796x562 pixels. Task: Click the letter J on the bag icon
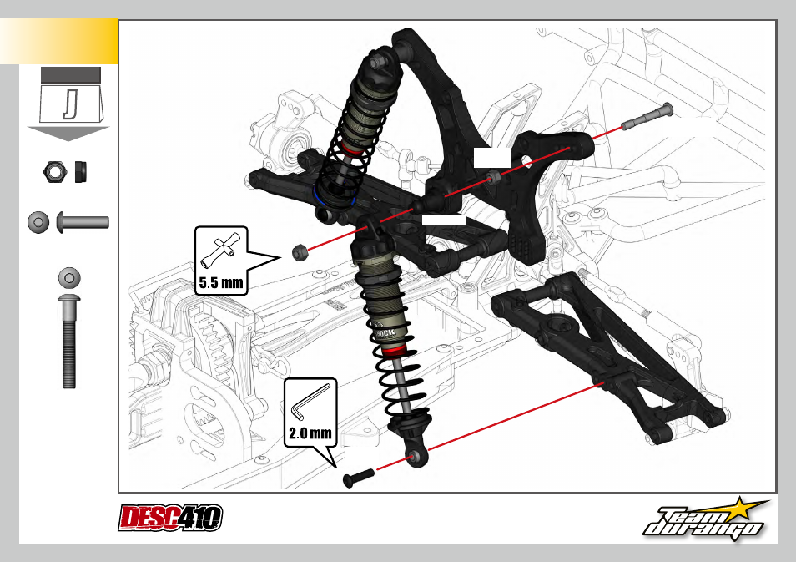point(70,104)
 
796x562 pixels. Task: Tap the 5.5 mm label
point(221,282)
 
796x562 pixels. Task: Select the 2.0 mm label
point(310,433)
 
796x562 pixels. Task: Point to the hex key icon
point(310,402)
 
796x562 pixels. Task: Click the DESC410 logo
point(170,518)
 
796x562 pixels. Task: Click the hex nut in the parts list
point(55,172)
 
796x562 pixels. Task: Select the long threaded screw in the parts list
point(69,342)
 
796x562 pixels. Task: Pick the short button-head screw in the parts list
point(83,223)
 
